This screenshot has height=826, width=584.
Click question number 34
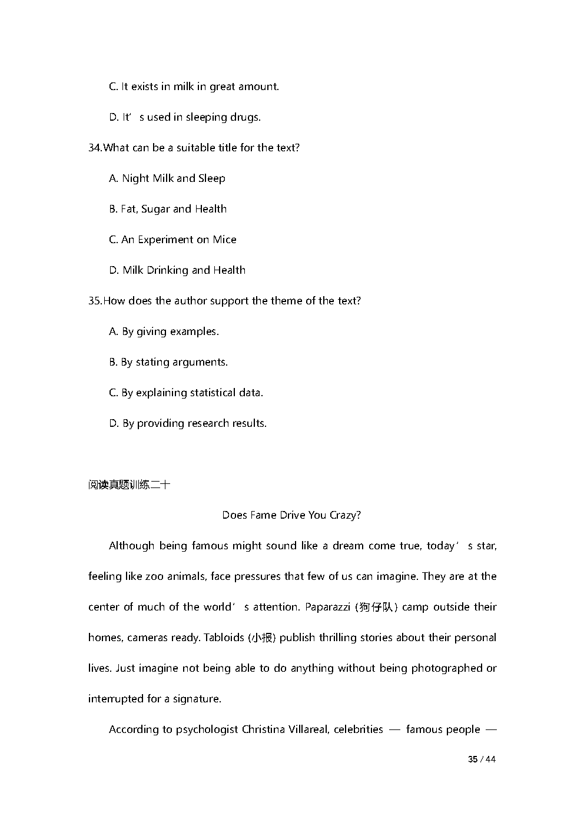tap(95, 148)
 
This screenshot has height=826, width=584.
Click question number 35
tap(95, 301)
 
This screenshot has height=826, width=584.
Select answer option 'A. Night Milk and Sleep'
tap(167, 178)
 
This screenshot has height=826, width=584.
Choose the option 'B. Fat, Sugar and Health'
tap(168, 209)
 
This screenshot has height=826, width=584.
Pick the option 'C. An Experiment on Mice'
tap(172, 240)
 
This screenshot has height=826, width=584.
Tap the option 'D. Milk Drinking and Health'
tap(177, 270)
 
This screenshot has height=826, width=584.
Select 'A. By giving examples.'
tap(164, 331)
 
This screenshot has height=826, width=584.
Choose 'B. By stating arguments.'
tap(168, 362)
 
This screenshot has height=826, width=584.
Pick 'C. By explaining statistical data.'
tap(186, 393)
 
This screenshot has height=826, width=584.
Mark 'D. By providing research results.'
tap(188, 423)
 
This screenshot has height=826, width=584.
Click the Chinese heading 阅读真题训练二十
tap(129, 485)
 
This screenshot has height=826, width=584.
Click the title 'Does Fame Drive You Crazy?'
tap(291, 515)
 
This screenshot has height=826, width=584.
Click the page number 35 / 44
tap(482, 759)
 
